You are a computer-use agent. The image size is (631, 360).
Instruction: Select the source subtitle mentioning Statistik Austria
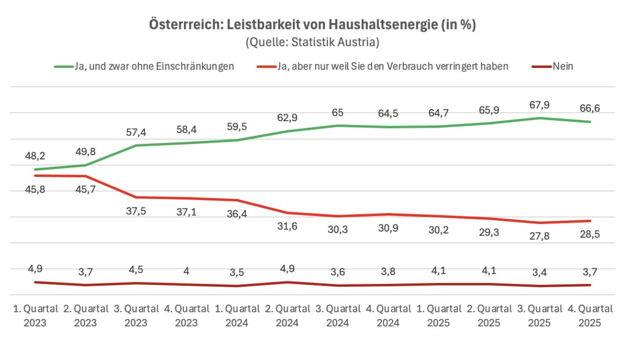click(x=312, y=43)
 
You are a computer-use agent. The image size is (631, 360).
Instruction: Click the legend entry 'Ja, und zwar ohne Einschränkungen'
click(x=154, y=66)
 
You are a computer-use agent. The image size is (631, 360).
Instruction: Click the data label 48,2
click(x=34, y=156)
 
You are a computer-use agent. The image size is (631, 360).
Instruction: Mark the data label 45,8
click(x=34, y=189)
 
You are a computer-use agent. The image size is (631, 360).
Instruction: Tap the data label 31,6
click(x=287, y=226)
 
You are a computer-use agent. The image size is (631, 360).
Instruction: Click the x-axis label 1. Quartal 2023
click(x=35, y=316)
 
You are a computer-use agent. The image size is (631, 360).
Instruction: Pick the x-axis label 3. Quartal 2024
click(x=338, y=316)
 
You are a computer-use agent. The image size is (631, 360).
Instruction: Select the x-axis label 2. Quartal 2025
click(x=489, y=316)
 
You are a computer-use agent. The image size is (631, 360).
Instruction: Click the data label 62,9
click(x=287, y=118)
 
